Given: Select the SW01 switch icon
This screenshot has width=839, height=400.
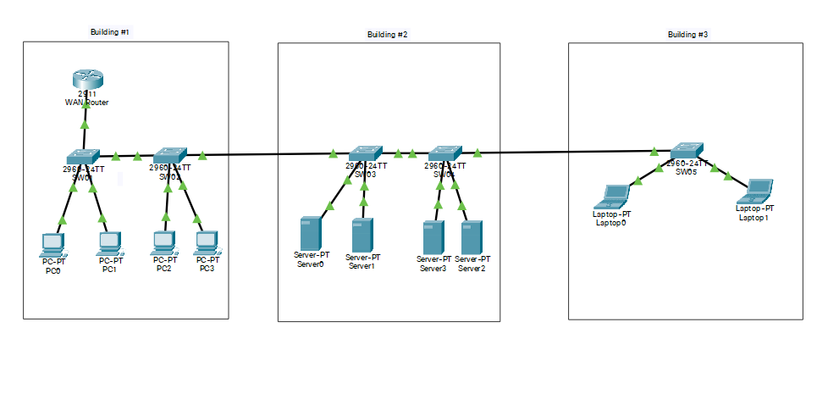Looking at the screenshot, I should click(84, 156).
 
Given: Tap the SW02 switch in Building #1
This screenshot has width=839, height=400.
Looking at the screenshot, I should click(170, 155).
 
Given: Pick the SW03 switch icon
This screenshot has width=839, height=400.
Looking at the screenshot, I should click(366, 153).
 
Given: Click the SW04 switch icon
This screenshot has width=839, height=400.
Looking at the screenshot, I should click(445, 153).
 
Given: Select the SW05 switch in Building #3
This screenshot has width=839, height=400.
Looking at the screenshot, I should click(686, 150).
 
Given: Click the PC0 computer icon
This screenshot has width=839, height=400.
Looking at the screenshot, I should click(52, 244).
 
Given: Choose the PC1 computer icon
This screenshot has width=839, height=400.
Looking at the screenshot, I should click(109, 244).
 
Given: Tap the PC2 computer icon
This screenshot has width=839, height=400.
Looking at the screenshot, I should click(163, 244).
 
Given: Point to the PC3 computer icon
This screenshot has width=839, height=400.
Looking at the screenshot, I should click(207, 244).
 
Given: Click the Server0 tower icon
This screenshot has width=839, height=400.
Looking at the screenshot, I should click(310, 234).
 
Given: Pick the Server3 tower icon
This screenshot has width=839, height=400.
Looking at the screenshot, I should click(433, 236).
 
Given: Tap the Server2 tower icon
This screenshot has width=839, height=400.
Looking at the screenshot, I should click(472, 236).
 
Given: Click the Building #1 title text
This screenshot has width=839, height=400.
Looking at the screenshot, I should click(110, 32).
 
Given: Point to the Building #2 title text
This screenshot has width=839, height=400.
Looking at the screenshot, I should click(387, 35).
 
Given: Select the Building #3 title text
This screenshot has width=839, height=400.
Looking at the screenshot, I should click(687, 35).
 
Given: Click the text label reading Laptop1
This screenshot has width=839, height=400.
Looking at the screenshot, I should click(755, 218).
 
